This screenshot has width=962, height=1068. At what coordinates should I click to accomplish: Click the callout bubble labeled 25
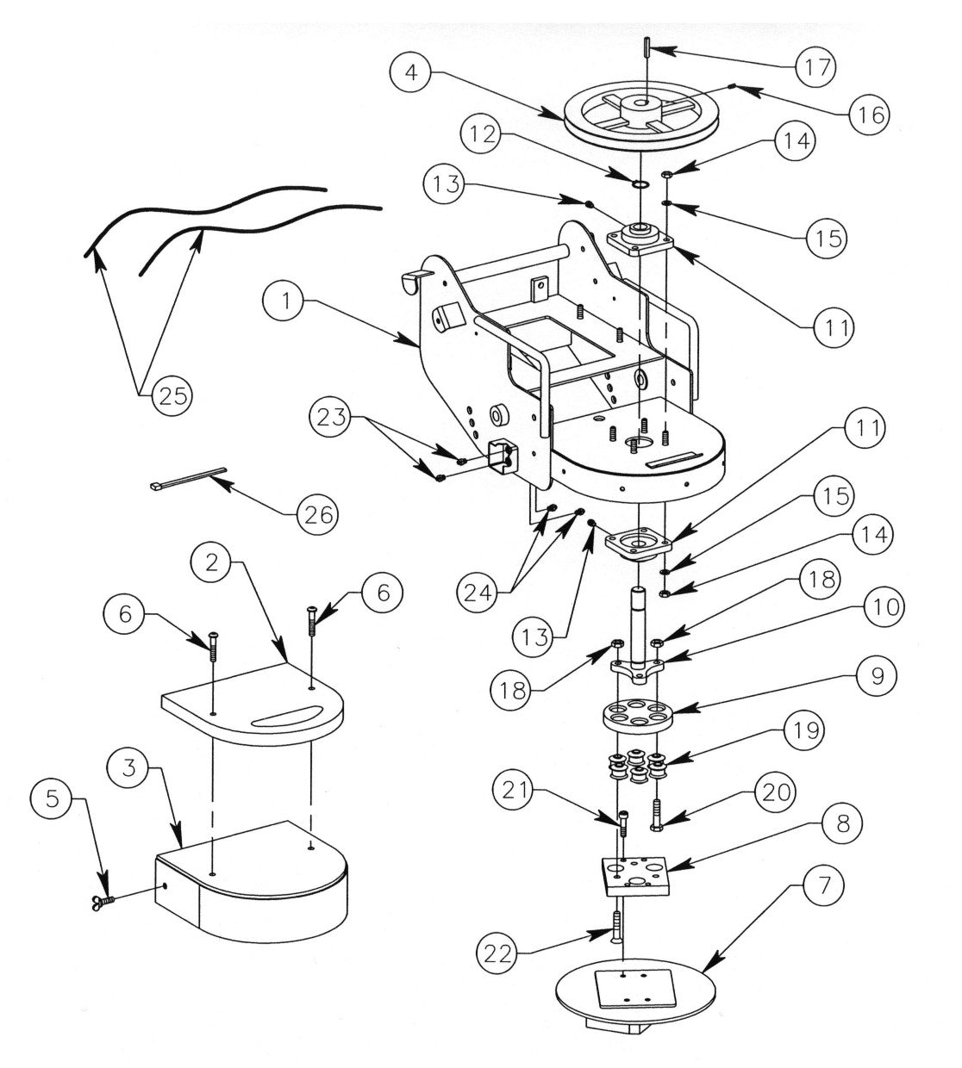coord(172,396)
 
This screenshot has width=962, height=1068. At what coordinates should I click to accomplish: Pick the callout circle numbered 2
coord(211,564)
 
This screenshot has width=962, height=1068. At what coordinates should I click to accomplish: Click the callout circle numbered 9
coord(876,674)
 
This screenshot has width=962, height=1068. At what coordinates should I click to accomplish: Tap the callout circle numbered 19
coord(802,731)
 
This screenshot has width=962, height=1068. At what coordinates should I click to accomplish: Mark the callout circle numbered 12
coord(483,134)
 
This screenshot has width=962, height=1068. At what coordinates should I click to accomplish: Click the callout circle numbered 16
coord(871,114)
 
